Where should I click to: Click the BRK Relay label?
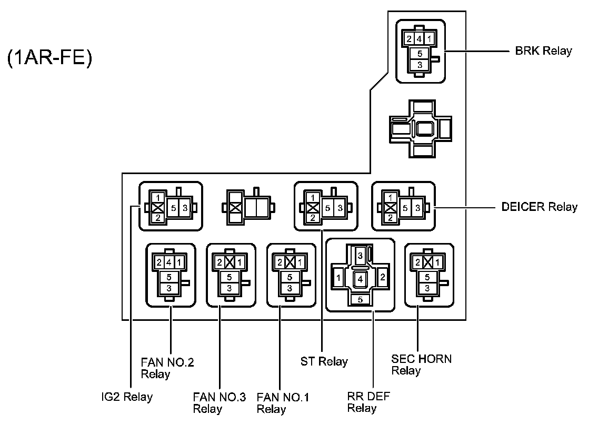543,51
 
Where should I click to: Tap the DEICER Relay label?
539,207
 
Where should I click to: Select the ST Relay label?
324,361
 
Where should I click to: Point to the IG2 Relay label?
127,397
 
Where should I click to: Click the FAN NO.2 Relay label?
167,368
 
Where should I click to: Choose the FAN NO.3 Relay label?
220,403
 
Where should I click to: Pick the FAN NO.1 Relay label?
283,403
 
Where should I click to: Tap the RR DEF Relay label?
368,402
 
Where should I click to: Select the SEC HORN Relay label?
422,365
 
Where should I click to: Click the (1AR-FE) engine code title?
49,58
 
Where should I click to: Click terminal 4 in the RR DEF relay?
360,279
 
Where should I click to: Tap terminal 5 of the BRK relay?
420,54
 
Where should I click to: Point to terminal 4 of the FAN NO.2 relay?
169,262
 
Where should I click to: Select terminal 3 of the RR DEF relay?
360,256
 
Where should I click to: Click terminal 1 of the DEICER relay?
390,197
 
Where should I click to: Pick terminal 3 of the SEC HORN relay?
427,289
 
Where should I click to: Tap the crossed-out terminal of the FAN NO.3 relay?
229,262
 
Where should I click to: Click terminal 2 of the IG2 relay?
158,218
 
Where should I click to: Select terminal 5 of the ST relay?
327,208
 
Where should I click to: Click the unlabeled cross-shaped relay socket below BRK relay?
420,129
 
